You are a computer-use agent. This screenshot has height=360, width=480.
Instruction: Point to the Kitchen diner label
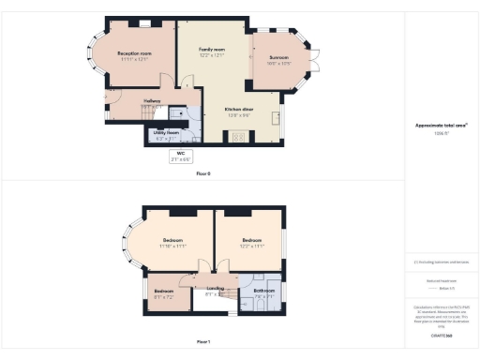click(x=238, y=109)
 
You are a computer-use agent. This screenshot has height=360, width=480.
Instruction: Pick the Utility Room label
click(x=166, y=133)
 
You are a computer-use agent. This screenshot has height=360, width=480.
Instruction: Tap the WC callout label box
click(x=180, y=157)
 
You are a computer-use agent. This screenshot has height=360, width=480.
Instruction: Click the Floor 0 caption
click(x=203, y=173)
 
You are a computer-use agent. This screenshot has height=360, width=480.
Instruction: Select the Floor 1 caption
click(x=203, y=341)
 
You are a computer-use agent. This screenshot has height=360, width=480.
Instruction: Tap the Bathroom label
click(x=263, y=291)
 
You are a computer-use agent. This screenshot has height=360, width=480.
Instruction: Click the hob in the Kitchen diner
click(x=238, y=138)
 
